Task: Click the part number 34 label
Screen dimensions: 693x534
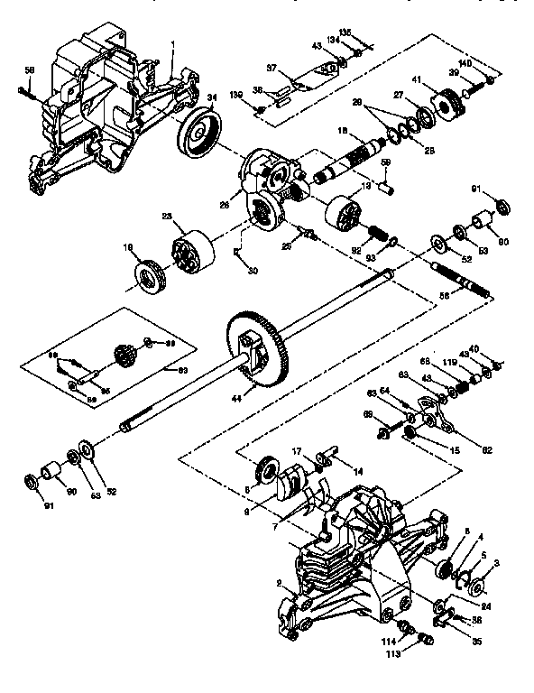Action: pyautogui.click(x=212, y=97)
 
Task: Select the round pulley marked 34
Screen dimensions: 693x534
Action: pyautogui.click(x=199, y=134)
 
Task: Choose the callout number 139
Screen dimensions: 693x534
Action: pyautogui.click(x=235, y=95)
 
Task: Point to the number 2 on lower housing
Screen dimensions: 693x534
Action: pyautogui.click(x=280, y=583)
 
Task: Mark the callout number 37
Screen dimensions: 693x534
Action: pyautogui.click(x=271, y=67)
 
